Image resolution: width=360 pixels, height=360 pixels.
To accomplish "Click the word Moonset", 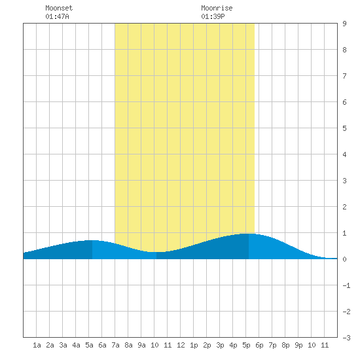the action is tap(59, 8).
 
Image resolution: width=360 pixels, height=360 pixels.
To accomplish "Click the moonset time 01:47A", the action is tap(57, 16).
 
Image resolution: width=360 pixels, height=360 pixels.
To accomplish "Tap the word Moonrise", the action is tap(217, 8).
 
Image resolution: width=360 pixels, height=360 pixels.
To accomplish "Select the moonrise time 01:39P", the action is tap(213, 16).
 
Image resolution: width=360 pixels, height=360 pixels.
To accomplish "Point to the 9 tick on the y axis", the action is tap(344, 24).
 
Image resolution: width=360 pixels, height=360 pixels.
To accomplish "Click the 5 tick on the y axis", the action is tap(344, 128).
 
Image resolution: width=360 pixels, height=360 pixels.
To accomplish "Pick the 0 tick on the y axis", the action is tap(344, 259).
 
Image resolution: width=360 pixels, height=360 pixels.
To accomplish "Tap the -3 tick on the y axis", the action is tap(346, 338).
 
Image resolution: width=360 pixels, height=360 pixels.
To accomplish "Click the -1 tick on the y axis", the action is tap(346, 285).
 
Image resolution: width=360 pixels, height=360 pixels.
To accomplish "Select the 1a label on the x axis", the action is tap(37, 345).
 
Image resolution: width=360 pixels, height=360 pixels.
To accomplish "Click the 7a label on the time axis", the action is tap(115, 345).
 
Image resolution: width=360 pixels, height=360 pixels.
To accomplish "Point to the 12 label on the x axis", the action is tap(181, 345).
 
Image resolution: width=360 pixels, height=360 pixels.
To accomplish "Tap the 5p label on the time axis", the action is tap(246, 345).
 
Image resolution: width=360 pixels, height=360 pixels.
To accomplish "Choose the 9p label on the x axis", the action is tap(298, 345).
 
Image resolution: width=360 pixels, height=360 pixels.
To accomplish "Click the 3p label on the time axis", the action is tap(220, 345).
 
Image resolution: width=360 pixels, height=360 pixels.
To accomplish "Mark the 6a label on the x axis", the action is tap(102, 345).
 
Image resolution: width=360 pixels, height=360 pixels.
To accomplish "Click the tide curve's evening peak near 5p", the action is tap(249, 234).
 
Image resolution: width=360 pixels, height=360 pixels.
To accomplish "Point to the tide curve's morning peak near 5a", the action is tap(92, 240).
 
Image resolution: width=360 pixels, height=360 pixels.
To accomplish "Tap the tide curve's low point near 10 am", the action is tap(156, 252).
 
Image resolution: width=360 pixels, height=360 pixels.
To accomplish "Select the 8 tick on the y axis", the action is tap(344, 50).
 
